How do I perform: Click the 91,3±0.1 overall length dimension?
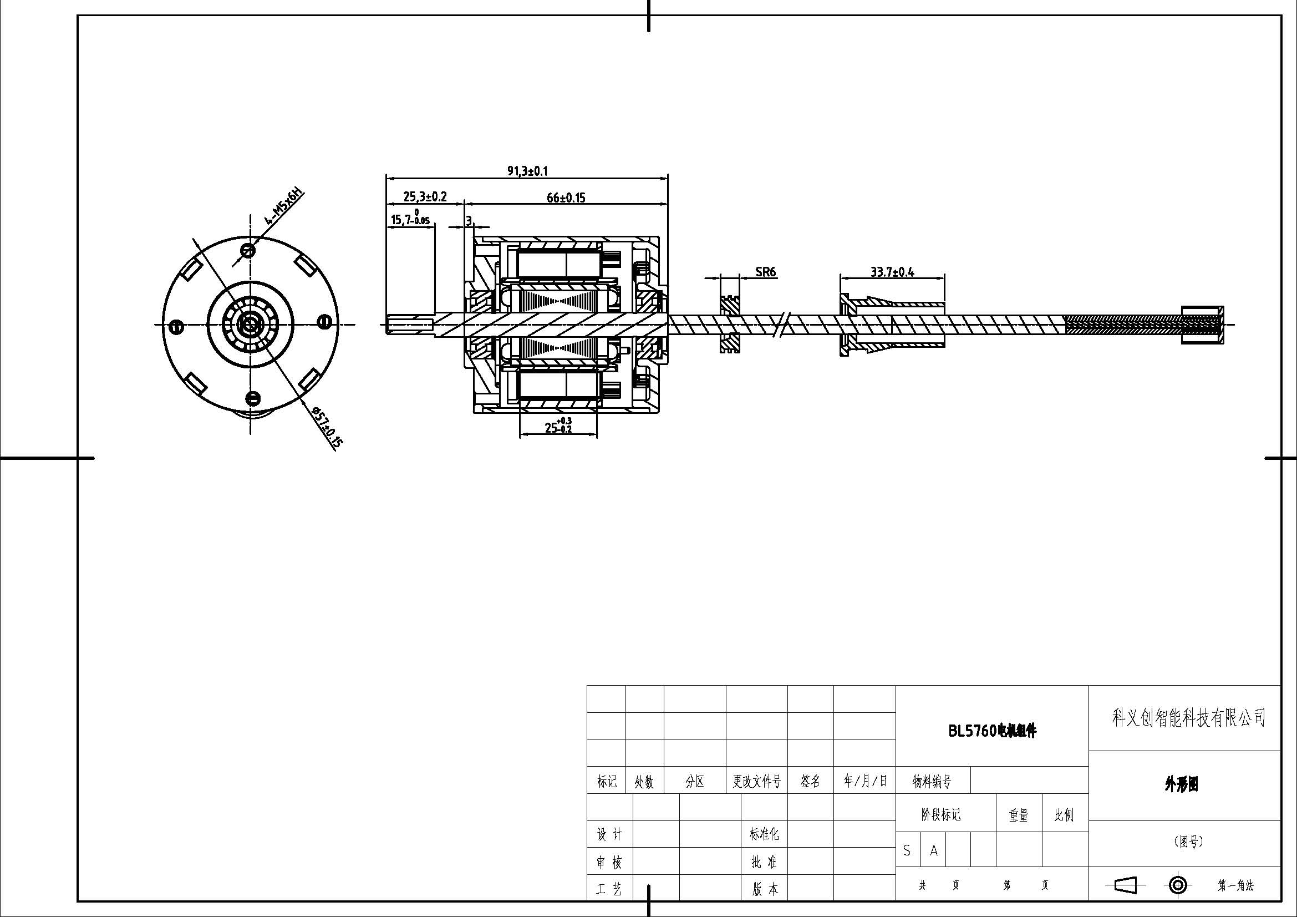coord(527,171)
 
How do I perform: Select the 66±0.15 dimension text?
coord(566,197)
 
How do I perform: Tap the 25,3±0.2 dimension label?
coord(425,196)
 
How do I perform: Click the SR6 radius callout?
coord(765,272)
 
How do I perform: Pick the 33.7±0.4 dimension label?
coord(892,272)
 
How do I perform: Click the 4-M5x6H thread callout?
coord(284,207)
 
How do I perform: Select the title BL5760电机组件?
coord(992,731)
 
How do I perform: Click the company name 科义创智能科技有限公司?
coord(1188,717)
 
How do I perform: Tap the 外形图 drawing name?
coord(1182,784)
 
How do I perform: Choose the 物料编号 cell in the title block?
coord(932,782)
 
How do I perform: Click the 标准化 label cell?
coord(764,834)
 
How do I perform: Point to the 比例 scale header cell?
coord(1064,815)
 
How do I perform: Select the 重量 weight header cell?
coord(1019,815)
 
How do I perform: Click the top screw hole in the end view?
coord(248,250)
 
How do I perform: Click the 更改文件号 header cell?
coord(756,782)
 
